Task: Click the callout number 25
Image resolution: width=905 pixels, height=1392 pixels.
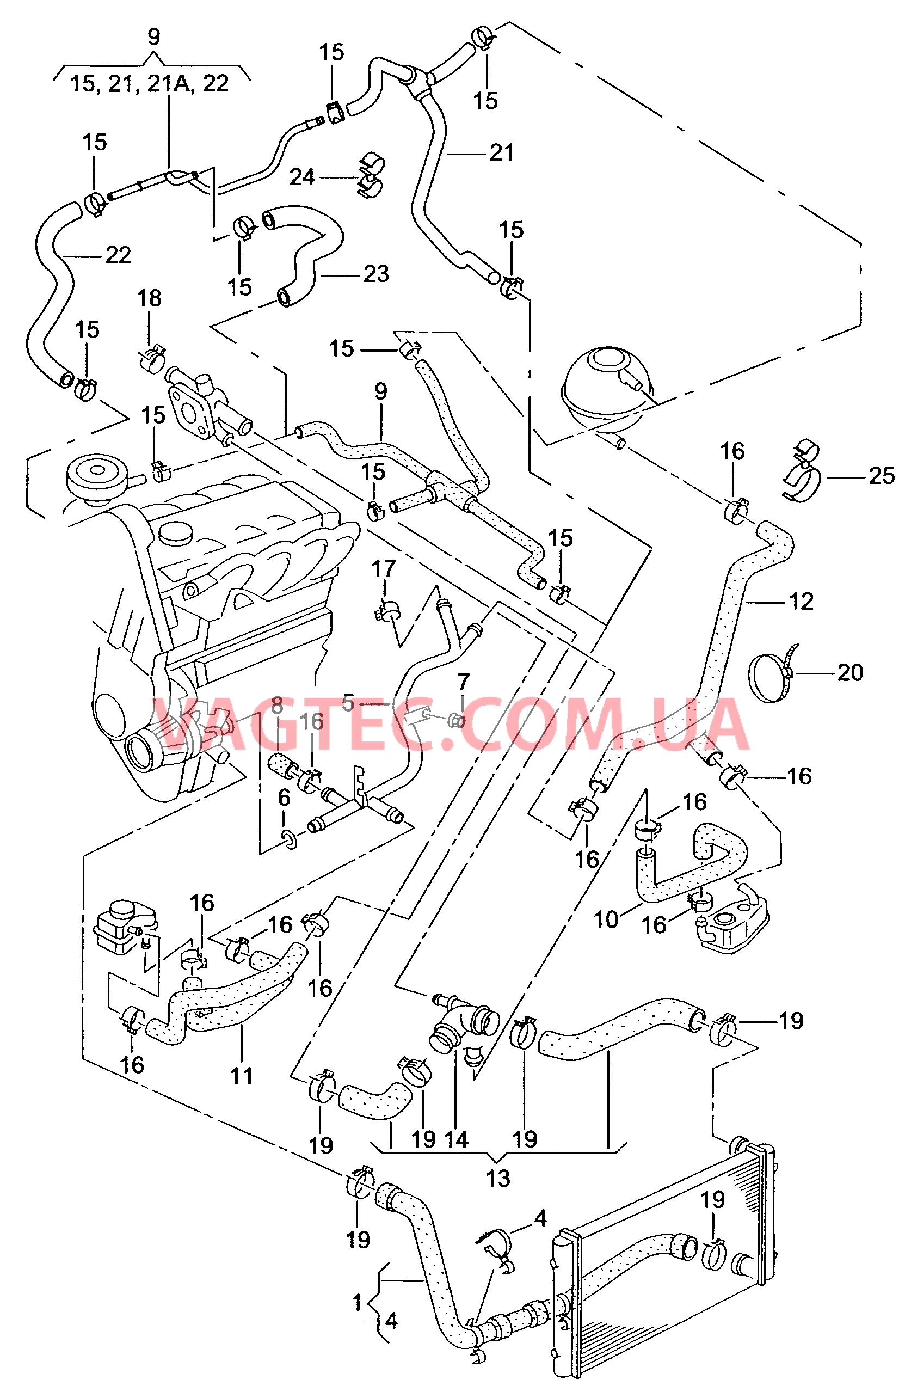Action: (881, 476)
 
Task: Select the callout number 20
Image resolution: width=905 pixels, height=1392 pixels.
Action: (850, 673)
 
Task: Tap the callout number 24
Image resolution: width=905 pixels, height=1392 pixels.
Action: (301, 177)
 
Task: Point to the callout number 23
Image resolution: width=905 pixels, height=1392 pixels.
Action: (376, 274)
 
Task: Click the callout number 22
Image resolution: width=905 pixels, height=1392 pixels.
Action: (118, 255)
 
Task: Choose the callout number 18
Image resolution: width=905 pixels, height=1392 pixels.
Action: (149, 298)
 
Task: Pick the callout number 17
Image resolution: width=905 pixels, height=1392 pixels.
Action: (384, 568)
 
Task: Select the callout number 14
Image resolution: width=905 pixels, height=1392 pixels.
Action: (456, 1139)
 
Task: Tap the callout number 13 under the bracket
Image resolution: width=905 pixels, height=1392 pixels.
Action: (497, 1179)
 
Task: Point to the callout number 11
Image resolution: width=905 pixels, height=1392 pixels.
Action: (242, 1076)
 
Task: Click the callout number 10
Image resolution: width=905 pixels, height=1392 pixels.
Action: (606, 919)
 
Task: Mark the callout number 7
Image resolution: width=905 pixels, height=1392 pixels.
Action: (463, 682)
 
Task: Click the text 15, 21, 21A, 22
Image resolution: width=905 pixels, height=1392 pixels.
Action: (149, 84)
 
